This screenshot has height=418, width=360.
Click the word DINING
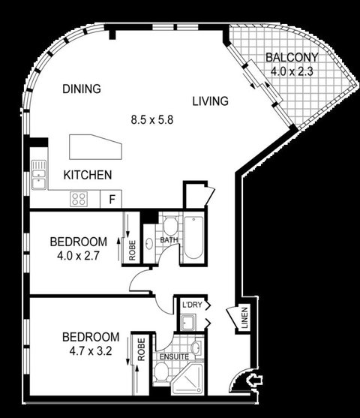[82, 89]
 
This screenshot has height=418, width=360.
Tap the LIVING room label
[211, 101]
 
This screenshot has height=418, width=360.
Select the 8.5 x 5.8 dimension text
[152, 119]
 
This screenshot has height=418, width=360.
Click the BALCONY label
[292, 58]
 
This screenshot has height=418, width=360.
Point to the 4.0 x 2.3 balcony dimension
[292, 71]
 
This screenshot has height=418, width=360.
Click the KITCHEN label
[88, 175]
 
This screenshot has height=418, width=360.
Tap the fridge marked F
[111, 199]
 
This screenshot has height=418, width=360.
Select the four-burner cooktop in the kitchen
[79, 199]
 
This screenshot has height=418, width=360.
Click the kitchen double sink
[39, 175]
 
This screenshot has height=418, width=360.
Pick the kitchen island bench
[95, 147]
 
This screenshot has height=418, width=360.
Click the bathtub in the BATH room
[193, 238]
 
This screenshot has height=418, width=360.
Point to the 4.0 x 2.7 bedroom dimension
[78, 256]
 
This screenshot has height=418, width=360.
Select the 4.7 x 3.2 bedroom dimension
[91, 351]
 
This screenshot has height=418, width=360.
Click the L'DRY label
[192, 305]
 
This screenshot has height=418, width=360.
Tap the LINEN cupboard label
[244, 317]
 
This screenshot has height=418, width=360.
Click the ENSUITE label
[174, 356]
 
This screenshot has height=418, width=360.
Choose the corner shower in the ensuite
[187, 379]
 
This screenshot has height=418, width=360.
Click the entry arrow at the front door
[255, 380]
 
